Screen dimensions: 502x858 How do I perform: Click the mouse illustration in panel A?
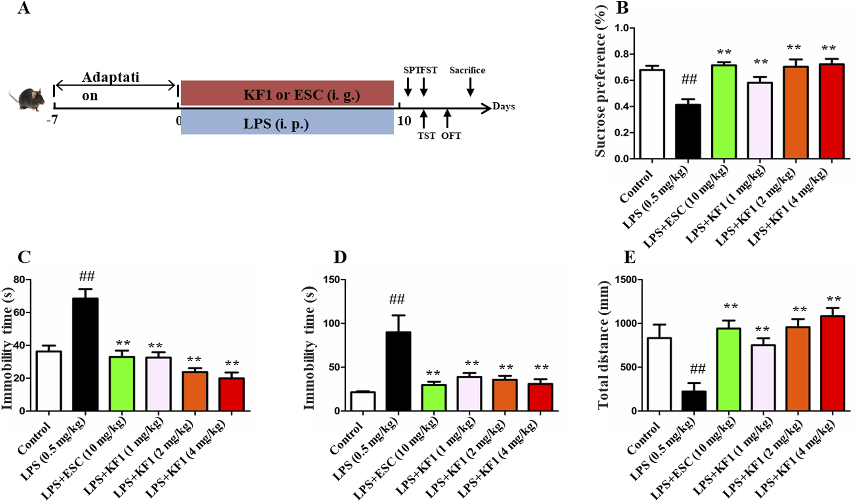(x=27, y=99)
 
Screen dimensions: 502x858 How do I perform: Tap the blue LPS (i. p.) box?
(x=287, y=122)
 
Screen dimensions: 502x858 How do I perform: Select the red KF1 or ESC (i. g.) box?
(x=287, y=93)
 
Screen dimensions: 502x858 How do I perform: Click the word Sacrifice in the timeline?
(x=467, y=70)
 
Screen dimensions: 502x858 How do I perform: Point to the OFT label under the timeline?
(x=451, y=136)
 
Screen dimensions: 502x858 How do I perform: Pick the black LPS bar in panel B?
(x=688, y=132)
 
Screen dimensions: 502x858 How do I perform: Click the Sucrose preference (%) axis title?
(x=600, y=81)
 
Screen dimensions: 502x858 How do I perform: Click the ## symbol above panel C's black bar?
(x=87, y=276)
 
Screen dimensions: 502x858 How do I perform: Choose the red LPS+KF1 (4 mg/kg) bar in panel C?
(x=231, y=395)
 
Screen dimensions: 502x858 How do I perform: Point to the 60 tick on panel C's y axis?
(x=19, y=312)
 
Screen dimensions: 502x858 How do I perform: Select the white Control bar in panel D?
(x=363, y=401)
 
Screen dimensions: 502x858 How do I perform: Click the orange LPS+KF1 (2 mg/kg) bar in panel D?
(x=505, y=395)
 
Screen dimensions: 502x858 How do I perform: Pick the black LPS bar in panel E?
(x=694, y=401)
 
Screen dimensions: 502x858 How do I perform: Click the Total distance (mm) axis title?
(x=603, y=345)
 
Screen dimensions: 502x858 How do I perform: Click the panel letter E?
(x=629, y=257)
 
